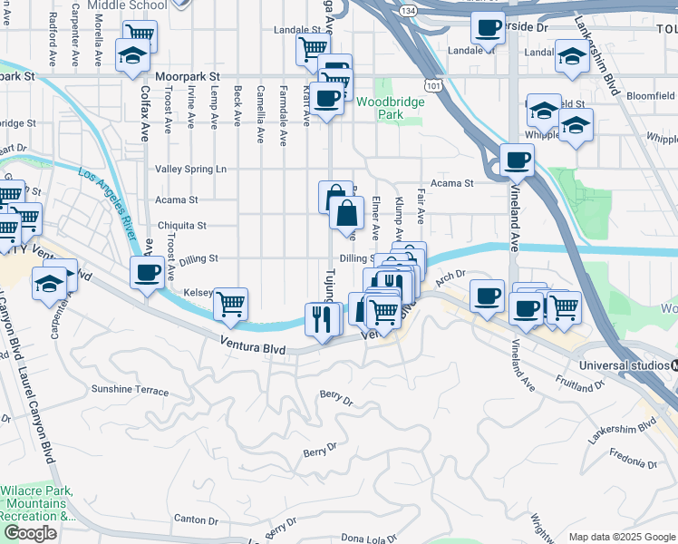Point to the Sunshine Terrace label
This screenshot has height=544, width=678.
(x=130, y=390)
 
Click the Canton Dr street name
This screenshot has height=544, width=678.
(x=197, y=520)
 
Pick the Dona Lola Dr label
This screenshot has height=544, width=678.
(x=368, y=538)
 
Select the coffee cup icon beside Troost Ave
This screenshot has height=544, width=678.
(x=147, y=271)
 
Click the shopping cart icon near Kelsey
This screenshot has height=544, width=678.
(x=231, y=303)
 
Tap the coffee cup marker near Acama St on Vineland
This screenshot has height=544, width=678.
(x=518, y=160)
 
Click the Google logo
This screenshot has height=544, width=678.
(x=30, y=533)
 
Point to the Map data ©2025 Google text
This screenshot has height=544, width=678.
(x=622, y=537)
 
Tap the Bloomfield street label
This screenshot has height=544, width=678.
(x=650, y=94)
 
